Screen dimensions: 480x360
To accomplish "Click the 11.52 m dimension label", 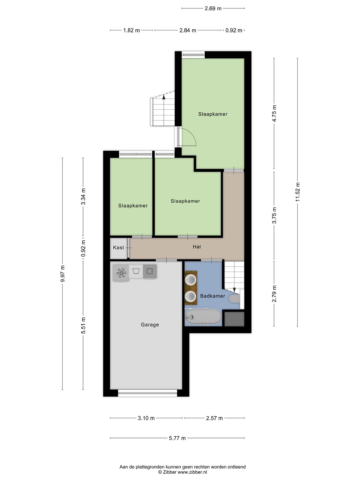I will pos(298,192).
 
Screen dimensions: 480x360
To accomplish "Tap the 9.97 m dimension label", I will pos(62,273).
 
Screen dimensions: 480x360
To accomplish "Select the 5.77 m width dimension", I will pos(177,438).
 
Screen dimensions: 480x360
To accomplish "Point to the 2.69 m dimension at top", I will pos(213,8).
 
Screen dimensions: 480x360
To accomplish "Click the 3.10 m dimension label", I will pos(146,418).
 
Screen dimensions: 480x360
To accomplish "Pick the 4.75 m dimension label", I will pos(274,113).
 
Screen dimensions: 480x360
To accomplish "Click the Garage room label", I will pos(150,325).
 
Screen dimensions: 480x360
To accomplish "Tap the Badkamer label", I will pos(212,296).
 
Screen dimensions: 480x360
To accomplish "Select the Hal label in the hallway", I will pos(197,247).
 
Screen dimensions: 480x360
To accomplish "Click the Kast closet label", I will pos(118,248).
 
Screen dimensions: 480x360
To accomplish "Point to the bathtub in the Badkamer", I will pos(203,317).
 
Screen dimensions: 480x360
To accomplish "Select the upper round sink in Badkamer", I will pos(191,280).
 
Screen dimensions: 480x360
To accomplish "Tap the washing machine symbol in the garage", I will pos(150,271).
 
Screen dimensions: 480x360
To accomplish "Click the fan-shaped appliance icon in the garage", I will pos(121,273).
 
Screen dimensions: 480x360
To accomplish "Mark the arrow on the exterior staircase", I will pos(163,97).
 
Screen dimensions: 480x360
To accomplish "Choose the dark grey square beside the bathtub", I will pos(234,319).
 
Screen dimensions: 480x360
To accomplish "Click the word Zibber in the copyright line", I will pos(170,472).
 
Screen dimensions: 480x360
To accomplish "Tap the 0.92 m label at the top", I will pos(234,30).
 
